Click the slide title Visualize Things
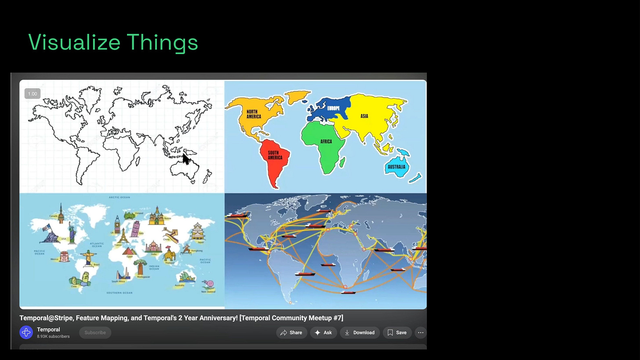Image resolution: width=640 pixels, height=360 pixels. click(x=113, y=43)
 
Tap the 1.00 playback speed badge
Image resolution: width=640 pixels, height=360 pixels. click(x=33, y=94)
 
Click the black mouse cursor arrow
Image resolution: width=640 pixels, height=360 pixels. click(x=186, y=158)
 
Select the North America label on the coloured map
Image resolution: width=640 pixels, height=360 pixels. click(x=254, y=114)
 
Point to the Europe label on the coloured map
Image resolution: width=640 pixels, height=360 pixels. click(x=333, y=108)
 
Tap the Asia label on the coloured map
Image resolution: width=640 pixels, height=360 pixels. click(x=364, y=116)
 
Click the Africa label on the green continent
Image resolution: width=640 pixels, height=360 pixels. click(x=326, y=142)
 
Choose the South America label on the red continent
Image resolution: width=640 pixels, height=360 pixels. click(x=275, y=155)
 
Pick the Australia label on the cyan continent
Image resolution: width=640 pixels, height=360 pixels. click(x=396, y=167)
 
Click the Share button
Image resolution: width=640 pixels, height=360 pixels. click(x=291, y=333)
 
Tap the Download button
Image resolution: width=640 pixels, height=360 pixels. click(x=359, y=333)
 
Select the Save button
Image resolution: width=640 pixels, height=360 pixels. click(x=396, y=333)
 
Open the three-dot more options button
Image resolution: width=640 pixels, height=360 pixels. click(x=421, y=333)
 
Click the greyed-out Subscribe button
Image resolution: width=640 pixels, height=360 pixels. click(x=95, y=333)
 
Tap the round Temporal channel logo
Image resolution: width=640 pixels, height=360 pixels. click(x=26, y=333)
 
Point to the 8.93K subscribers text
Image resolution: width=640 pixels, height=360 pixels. click(x=53, y=337)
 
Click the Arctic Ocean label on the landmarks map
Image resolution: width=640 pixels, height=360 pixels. click(x=119, y=197)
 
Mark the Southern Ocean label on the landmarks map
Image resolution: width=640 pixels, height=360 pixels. click(x=119, y=293)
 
